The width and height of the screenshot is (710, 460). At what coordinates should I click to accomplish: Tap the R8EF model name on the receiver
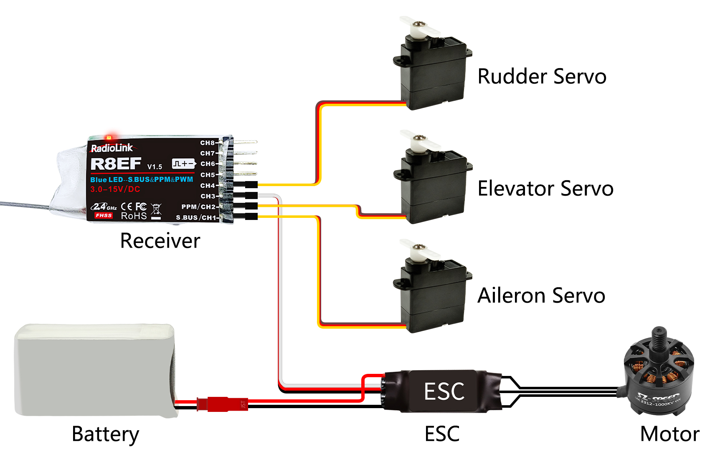(x=116, y=164)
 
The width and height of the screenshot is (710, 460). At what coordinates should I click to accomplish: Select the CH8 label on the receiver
(x=207, y=143)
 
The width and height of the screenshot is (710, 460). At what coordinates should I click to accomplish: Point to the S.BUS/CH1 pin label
(x=196, y=217)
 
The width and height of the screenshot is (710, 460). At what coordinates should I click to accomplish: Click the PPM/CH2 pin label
(x=198, y=207)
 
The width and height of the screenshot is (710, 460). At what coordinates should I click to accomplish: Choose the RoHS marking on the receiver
(x=134, y=216)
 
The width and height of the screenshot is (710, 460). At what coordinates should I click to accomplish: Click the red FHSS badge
(x=103, y=215)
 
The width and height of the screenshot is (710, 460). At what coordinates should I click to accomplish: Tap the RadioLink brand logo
(x=112, y=148)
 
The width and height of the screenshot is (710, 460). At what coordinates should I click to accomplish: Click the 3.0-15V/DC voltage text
(x=115, y=189)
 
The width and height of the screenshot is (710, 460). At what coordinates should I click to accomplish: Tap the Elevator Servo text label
(x=545, y=189)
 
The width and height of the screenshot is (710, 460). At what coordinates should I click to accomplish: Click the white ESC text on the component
(x=444, y=391)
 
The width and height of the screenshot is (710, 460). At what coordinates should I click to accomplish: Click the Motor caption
(x=669, y=434)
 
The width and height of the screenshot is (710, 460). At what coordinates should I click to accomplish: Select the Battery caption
(x=105, y=434)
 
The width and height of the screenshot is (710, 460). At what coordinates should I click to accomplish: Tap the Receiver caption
(x=160, y=241)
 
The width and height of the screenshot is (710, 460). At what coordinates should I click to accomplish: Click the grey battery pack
(x=94, y=370)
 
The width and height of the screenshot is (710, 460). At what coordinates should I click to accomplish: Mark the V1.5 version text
(x=155, y=167)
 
